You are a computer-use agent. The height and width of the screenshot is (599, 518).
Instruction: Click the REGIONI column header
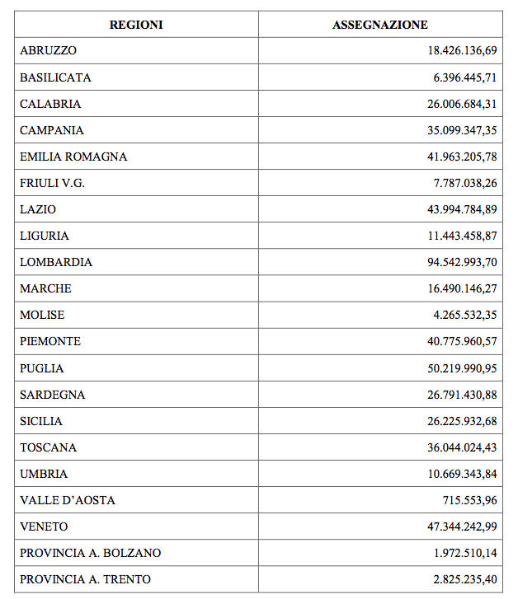coord(136,25)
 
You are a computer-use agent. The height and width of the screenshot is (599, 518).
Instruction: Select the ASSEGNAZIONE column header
coord(380,25)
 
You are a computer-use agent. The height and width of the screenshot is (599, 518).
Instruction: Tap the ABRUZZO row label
coord(48,51)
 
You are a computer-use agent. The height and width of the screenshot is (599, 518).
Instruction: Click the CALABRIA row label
coord(50,104)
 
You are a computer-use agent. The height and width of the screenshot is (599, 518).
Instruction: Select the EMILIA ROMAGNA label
coord(73,157)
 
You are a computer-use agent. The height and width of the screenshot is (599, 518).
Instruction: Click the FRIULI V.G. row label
coord(52,183)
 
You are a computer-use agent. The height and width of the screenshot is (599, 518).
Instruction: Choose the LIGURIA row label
coord(45,236)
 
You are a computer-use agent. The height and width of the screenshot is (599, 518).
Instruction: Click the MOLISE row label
coord(42,315)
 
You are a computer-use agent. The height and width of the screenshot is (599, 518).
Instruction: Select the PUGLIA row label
coord(42,368)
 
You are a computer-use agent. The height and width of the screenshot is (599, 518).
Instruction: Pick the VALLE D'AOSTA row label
coord(68,500)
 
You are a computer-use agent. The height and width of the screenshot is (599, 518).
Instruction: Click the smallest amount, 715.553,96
coord(469,500)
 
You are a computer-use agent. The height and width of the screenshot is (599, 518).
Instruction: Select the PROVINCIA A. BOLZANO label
coord(91,553)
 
